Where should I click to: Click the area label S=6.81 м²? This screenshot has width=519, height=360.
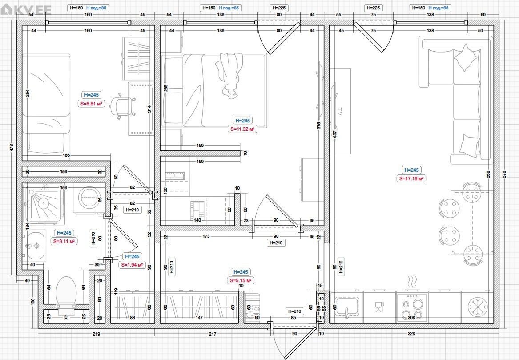coord(91,104)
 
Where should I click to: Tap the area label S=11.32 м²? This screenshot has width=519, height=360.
coord(243,129)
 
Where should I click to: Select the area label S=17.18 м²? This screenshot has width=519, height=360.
coord(411,178)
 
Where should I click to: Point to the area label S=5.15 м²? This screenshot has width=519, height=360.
coord(241,280)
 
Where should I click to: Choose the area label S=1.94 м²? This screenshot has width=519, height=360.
coord(132,265)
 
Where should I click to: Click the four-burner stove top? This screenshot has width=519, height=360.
coord(412,307)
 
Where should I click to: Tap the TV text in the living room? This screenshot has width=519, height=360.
coord(340,111)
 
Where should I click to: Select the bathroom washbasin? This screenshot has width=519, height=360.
coord(36,246)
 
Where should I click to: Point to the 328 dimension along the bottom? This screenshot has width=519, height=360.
coord(411,334)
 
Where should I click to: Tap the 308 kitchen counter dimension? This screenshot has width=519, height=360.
coord(411,318)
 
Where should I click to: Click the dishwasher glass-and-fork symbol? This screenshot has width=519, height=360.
coord(379,307)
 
